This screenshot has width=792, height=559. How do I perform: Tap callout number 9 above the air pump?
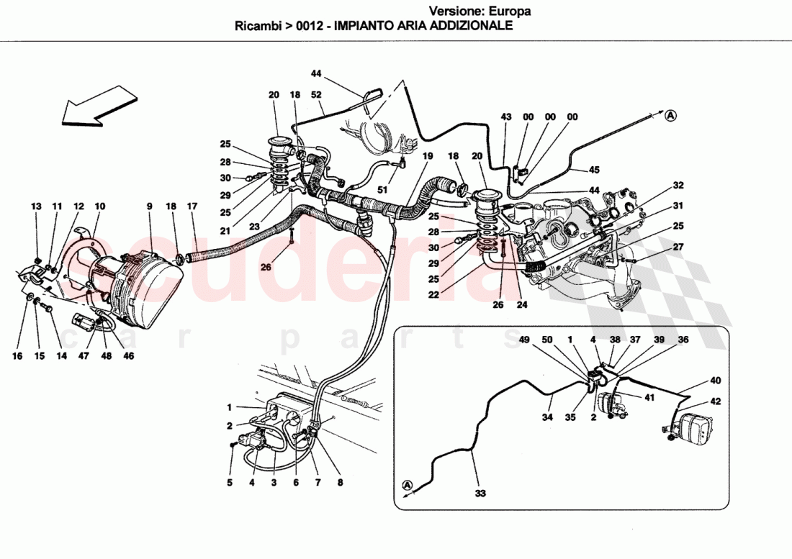(150, 207)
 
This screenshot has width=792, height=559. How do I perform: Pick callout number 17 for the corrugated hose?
(192, 207)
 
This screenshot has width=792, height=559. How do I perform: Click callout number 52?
(316, 95)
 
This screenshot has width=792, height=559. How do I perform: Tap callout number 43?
(506, 117)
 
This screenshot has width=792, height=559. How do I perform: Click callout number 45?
(593, 171)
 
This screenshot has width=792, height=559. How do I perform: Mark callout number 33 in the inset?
(480, 494)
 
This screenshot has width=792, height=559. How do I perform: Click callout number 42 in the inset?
(715, 401)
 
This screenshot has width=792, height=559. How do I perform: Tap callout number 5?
(230, 483)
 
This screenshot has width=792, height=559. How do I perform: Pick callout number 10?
(100, 207)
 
